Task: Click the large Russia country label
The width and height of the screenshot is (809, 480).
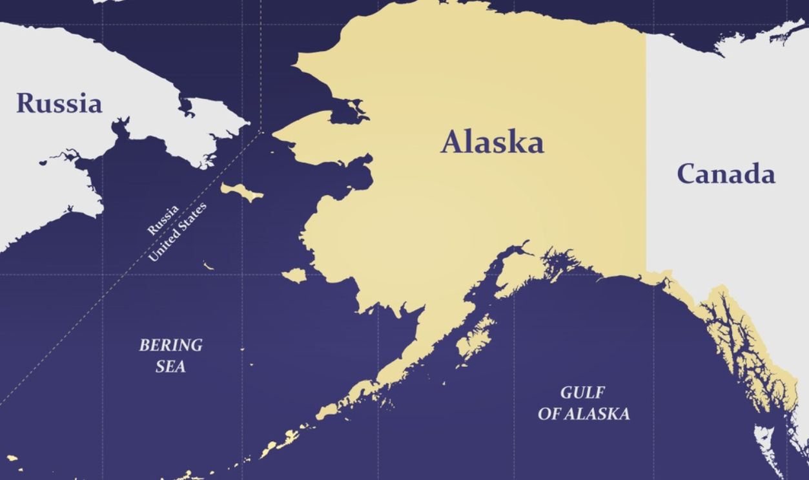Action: coord(59,103)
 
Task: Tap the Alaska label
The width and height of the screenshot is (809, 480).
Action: coord(492,143)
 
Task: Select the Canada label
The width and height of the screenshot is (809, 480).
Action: coord(726,174)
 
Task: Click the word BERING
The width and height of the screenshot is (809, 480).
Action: coord(170,345)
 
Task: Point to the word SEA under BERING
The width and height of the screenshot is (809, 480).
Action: coord(170,366)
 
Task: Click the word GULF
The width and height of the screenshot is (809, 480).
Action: coord(582,393)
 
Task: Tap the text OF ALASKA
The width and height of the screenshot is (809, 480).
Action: coord(584,414)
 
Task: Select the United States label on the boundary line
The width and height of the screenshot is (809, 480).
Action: coord(178,233)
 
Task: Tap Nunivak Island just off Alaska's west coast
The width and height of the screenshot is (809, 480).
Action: coord(294,276)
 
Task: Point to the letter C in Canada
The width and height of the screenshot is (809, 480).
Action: coord(687,174)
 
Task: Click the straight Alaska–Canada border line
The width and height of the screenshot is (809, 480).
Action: coord(646,162)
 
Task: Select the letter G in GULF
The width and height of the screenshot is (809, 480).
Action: coord(566,393)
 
